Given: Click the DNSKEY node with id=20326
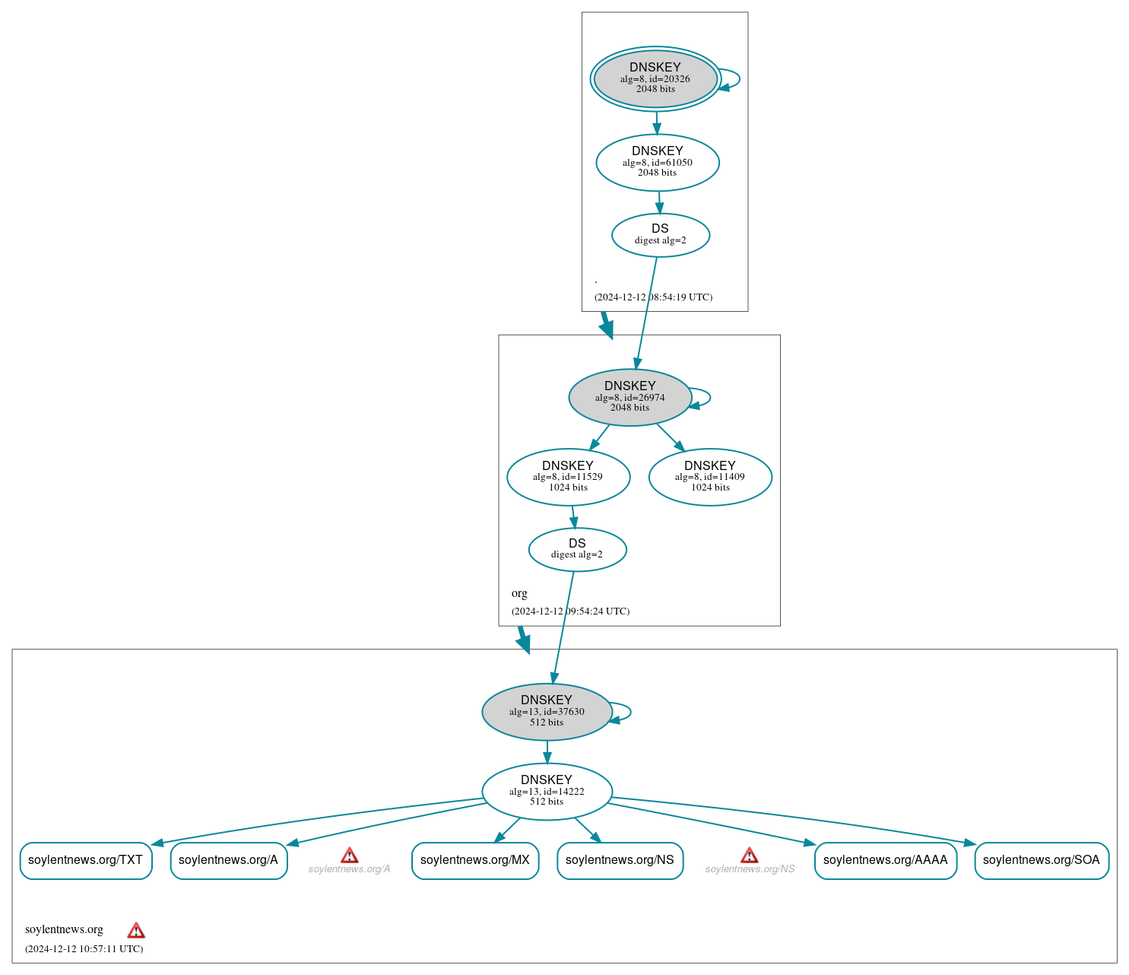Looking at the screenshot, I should pyautogui.click(x=655, y=78).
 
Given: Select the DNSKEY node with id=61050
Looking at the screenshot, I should pyautogui.click(x=658, y=162).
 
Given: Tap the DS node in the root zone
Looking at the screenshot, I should pyautogui.click(x=660, y=235).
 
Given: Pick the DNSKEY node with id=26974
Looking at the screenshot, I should pyautogui.click(x=630, y=397).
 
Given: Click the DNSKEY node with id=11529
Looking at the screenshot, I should pyautogui.click(x=568, y=477).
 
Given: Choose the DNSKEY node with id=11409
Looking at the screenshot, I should pyautogui.click(x=710, y=477).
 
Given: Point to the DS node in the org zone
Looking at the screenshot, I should pyautogui.click(x=577, y=549).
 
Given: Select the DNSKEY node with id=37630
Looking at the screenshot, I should pyautogui.click(x=547, y=712).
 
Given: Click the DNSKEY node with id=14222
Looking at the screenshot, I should pyautogui.click(x=547, y=791).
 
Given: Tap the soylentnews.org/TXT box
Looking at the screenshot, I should pyautogui.click(x=86, y=860).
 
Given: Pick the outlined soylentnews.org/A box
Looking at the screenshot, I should pyautogui.click(x=228, y=860).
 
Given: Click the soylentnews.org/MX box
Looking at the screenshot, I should pyautogui.click(x=475, y=860).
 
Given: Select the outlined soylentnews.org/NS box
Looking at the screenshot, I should pyautogui.click(x=620, y=860).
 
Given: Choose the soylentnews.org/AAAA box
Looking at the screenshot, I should pyautogui.click(x=885, y=860).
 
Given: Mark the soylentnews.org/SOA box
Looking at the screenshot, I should pyautogui.click(x=1041, y=860).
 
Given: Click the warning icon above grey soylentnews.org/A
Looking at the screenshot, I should pyautogui.click(x=349, y=856).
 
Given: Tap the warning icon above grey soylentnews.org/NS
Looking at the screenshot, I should pyautogui.click(x=749, y=856).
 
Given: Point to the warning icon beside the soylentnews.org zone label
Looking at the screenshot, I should pyautogui.click(x=136, y=930).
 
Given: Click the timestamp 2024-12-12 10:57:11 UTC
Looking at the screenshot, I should pyautogui.click(x=84, y=949).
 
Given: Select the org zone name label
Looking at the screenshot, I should pyautogui.click(x=519, y=593).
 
